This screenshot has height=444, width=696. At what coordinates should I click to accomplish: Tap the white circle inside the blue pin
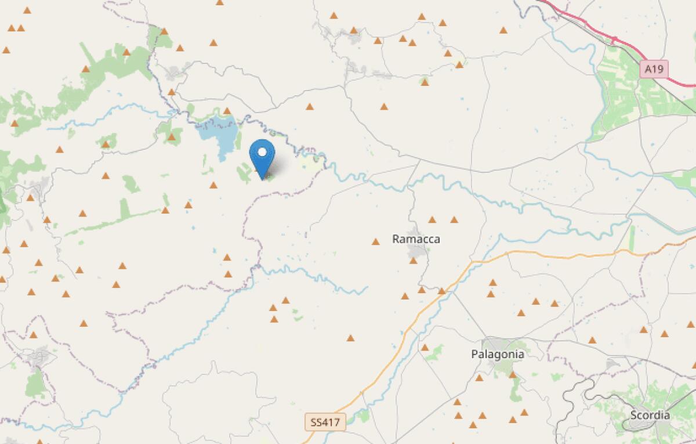[x=262, y=153]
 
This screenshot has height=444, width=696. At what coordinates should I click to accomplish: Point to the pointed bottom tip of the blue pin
[x=262, y=178]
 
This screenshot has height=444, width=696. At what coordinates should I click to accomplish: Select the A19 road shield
[x=655, y=70]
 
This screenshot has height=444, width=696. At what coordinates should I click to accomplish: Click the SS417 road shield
[x=325, y=421]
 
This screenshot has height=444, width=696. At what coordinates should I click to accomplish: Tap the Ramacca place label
[x=416, y=239]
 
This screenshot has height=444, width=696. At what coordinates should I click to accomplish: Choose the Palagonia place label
[x=498, y=353]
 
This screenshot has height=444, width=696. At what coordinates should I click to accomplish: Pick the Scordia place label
[x=650, y=415]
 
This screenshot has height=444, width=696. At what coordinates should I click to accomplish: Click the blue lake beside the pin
[x=219, y=135]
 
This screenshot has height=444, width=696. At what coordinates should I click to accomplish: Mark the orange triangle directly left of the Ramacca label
[x=375, y=241]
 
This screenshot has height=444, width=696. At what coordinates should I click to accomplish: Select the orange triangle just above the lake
[x=227, y=111]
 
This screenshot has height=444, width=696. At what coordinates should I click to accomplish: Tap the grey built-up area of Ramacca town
[x=418, y=251]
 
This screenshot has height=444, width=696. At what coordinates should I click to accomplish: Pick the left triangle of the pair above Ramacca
[x=432, y=219]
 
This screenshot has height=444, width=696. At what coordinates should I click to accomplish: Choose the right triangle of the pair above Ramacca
[x=454, y=219]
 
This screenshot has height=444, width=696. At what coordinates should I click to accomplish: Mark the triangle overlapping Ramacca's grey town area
[x=414, y=261]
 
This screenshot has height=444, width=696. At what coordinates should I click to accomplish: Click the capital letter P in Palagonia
[x=474, y=353]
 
